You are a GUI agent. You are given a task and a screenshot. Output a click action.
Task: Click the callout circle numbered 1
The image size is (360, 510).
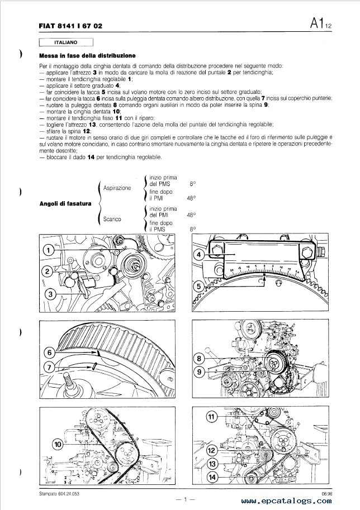[x=50, y=250]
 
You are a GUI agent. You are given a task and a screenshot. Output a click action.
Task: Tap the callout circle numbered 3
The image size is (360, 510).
[x=50, y=294]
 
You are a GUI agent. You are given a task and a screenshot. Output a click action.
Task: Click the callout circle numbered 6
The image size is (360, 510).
[x=49, y=352]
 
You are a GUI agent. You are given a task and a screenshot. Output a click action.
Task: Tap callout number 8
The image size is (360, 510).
[x=198, y=358]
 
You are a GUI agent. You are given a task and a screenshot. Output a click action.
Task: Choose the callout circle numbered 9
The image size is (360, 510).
[x=198, y=371]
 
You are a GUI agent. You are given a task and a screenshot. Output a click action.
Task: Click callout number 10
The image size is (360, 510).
[x=58, y=445]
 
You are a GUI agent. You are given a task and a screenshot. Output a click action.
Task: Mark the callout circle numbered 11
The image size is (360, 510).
[x=211, y=417]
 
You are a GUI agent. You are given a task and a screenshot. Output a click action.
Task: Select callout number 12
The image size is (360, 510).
[x=211, y=450]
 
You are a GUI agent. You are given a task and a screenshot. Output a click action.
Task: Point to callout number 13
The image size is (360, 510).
[x=211, y=464]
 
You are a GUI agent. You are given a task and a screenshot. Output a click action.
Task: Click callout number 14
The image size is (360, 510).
[x=211, y=477]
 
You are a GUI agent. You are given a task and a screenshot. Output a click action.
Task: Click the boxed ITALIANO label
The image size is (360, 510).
[x=66, y=42]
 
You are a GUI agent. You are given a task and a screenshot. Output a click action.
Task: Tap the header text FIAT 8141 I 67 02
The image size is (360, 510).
[x=70, y=26]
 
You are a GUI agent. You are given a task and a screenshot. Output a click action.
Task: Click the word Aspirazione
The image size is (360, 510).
[x=117, y=188]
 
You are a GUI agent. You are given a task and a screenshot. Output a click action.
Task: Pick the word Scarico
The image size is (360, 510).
[x=112, y=220]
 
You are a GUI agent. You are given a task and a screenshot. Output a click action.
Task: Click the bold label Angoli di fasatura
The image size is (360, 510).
[x=65, y=204]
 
